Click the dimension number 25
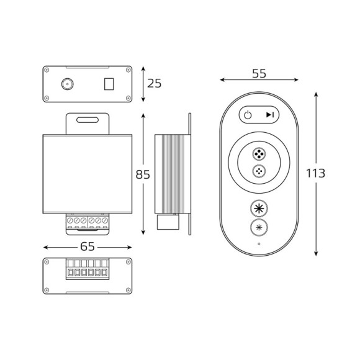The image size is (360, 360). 155,83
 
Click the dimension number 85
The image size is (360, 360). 143,175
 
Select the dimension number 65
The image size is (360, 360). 88,246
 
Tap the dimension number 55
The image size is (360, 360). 259,73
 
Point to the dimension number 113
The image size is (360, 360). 315,174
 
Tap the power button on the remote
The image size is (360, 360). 248,115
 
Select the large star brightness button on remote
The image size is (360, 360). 258,208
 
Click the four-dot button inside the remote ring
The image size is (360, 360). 258,153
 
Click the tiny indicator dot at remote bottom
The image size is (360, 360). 259,244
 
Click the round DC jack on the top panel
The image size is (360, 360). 65,84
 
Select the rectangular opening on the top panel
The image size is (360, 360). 109,83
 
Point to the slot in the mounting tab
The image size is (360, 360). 88,119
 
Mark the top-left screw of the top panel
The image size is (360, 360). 47,70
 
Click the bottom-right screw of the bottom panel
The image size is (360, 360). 128,290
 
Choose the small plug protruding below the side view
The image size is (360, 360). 166,222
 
